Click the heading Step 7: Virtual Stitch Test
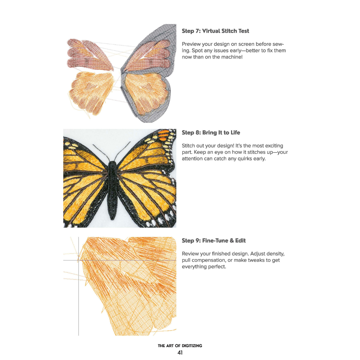215,31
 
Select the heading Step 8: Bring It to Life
211,133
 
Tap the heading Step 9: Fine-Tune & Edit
214,241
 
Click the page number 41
180,352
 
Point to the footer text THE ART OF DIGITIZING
180,346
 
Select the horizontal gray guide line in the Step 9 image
120,260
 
